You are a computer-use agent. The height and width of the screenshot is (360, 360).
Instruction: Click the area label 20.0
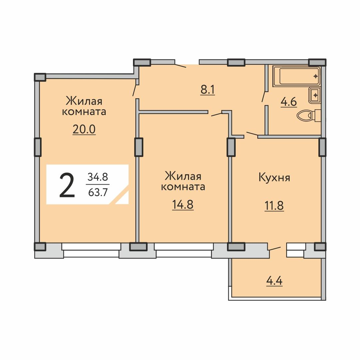click(84, 129)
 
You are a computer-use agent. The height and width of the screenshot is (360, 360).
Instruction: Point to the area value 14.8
click(183, 205)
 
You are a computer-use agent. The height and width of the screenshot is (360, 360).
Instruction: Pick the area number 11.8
click(274, 205)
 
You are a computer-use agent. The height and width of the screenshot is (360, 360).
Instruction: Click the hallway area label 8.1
click(208, 90)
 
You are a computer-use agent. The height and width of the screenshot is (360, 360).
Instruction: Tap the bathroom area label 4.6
click(289, 102)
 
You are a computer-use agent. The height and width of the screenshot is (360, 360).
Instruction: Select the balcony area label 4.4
click(274, 281)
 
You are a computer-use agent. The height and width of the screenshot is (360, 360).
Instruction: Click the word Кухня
click(274, 177)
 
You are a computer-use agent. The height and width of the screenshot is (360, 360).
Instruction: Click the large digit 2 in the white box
click(67, 185)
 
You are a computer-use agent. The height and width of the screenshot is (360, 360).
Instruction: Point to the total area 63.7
click(98, 192)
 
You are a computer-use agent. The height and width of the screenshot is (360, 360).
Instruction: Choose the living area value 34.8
click(98, 177)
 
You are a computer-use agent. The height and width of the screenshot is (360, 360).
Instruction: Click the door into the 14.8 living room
click(216, 114)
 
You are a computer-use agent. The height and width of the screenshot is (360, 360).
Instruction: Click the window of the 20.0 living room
click(91, 250)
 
